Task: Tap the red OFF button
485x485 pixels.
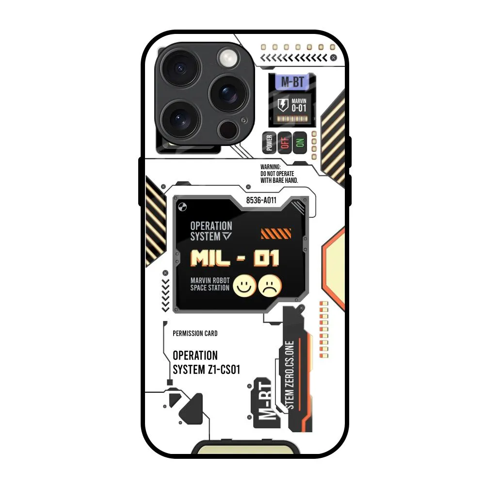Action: pos(284,143)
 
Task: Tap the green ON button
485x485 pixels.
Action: pos(300,143)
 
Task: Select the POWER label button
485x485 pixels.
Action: pos(269,143)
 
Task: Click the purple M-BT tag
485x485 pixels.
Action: pos(292,82)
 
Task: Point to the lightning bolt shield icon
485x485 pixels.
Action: pos(282,105)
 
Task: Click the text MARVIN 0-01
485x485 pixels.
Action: pos(299,105)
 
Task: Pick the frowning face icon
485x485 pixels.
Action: pos(270,286)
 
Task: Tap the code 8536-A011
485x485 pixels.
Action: pos(261,200)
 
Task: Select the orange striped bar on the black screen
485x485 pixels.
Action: pos(275,234)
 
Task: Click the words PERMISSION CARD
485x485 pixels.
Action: pos(195,333)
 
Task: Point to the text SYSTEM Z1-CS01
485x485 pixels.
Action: pos(207,370)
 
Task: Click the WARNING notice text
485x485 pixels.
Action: pos(279,173)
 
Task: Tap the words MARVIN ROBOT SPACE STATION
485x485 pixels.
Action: pos(210,284)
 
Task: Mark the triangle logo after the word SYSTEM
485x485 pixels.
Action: pos(227,237)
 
